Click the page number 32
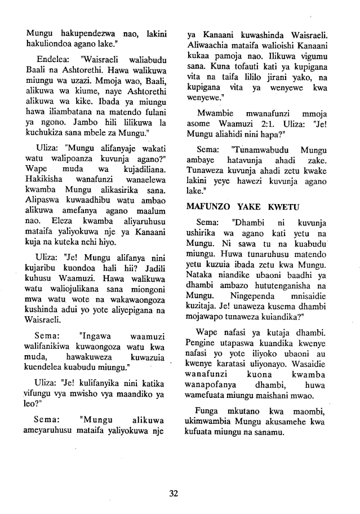174,494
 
